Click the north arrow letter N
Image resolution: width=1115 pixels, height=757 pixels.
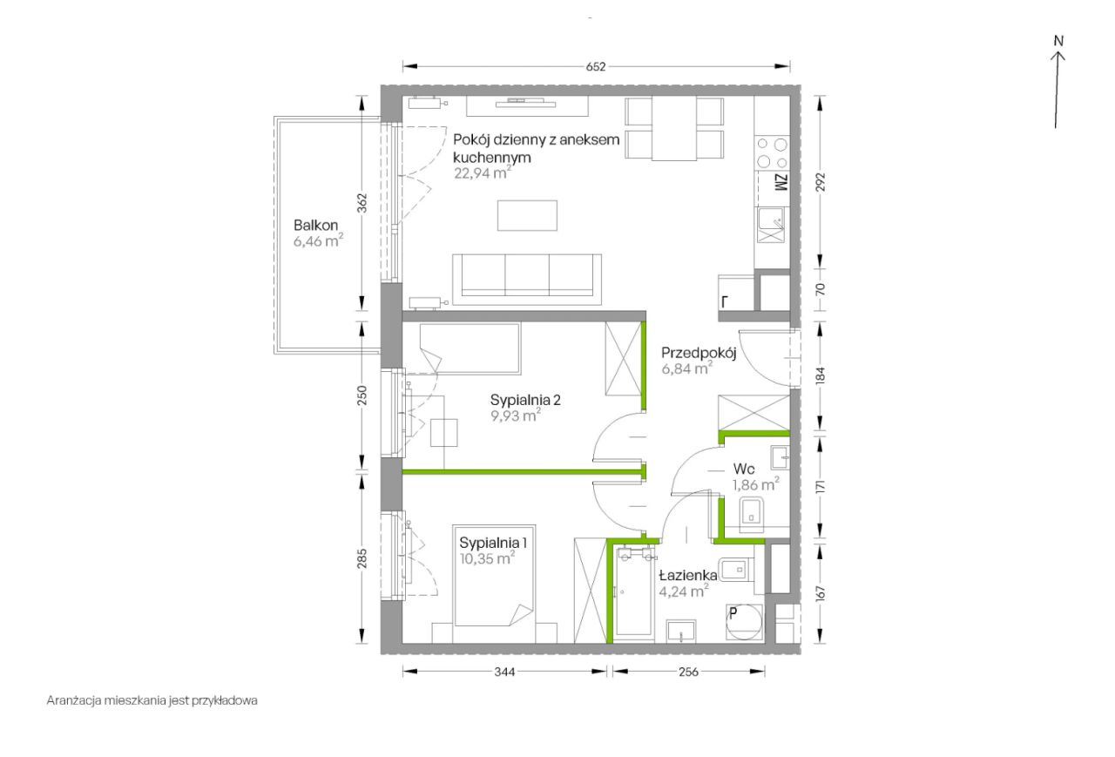click(x=1058, y=41)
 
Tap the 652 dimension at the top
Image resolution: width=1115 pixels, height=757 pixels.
click(x=596, y=67)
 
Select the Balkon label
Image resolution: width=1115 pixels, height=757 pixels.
click(x=315, y=226)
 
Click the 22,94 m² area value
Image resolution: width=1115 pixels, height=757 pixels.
click(x=483, y=173)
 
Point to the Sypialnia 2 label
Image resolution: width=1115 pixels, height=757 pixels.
click(x=525, y=400)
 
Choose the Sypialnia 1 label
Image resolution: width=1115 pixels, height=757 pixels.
click(x=493, y=543)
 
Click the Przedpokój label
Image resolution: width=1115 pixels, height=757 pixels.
click(x=699, y=354)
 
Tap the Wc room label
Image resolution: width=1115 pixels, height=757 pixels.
click(x=744, y=469)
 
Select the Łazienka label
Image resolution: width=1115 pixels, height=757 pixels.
click(x=688, y=576)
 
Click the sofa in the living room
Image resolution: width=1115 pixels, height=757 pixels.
click(x=527, y=280)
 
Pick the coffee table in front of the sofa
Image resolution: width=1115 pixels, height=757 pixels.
click(x=527, y=215)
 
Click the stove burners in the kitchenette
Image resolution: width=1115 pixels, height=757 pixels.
click(x=772, y=153)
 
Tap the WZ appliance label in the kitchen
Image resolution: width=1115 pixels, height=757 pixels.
click(x=781, y=183)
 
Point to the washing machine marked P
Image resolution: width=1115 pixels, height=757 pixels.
click(x=745, y=622)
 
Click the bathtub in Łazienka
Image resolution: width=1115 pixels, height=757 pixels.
click(x=635, y=591)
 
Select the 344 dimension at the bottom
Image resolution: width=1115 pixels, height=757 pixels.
click(x=504, y=672)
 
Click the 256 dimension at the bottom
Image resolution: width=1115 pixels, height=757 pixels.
click(x=688, y=672)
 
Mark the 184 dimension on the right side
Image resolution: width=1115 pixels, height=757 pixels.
click(x=821, y=375)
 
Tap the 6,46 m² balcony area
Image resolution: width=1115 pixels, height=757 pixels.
click(x=318, y=241)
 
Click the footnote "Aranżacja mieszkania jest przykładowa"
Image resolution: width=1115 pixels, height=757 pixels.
click(x=152, y=700)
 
